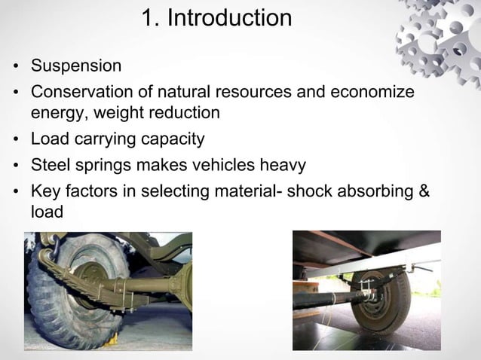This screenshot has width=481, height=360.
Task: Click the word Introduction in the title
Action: [x=228, y=17]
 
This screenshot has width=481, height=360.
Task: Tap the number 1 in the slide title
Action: [x=148, y=17]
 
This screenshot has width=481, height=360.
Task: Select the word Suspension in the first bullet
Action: [x=75, y=66]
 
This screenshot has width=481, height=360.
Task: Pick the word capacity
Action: [x=175, y=139]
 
